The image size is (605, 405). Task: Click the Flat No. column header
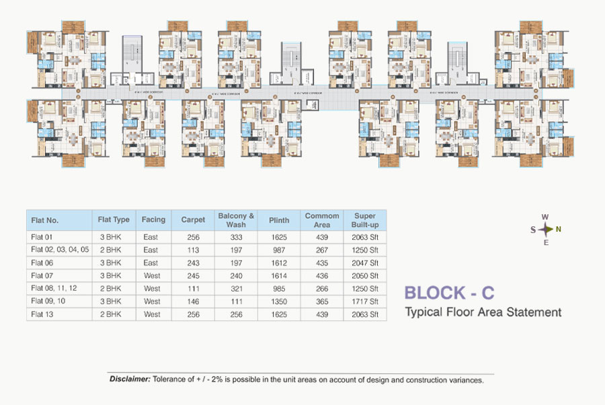click(45, 220)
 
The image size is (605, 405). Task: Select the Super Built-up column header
click(365, 220)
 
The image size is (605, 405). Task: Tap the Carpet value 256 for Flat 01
click(194, 237)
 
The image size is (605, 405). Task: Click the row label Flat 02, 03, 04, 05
click(60, 250)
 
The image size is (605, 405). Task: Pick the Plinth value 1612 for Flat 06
click(279, 263)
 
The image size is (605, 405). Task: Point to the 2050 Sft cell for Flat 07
click(365, 275)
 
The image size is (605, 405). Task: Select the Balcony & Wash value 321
click(236, 288)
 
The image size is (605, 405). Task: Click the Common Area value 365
click(322, 301)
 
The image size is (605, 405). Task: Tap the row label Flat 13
click(42, 314)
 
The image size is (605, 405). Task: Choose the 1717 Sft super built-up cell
click(365, 301)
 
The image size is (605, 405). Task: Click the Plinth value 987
click(279, 250)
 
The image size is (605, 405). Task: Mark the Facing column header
click(153, 220)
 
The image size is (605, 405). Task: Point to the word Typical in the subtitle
click(422, 312)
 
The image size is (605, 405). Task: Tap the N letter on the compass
click(559, 229)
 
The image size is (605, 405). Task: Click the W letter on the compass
click(546, 217)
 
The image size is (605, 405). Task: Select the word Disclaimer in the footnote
click(130, 379)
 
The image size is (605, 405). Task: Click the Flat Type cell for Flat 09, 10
click(110, 301)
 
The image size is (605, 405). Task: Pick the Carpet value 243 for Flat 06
click(194, 263)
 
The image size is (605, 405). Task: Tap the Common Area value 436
click(322, 275)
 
